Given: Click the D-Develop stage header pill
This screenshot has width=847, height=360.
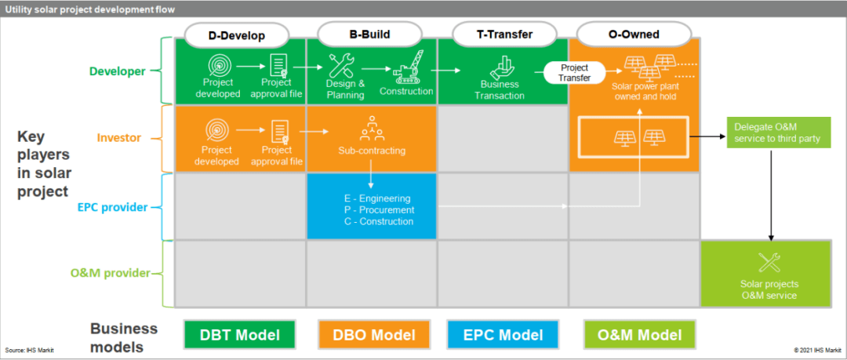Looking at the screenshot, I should (x=236, y=35).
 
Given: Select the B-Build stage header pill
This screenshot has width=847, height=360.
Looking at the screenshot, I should (x=369, y=35).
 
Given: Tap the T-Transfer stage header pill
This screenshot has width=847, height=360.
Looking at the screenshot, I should (x=505, y=35).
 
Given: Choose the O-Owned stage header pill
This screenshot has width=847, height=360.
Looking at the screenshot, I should (x=634, y=35).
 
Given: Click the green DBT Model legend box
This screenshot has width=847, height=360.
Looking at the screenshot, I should (x=239, y=335).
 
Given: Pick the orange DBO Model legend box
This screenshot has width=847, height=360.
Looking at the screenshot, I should (x=373, y=335).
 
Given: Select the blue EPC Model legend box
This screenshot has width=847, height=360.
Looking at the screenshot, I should (x=502, y=335).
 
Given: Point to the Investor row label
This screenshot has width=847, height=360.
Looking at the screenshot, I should (x=119, y=138).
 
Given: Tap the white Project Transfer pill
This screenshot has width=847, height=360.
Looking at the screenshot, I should (x=575, y=72).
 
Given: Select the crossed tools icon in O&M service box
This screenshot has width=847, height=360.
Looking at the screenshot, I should (x=769, y=262).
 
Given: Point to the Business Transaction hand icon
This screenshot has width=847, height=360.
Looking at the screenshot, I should (x=500, y=67).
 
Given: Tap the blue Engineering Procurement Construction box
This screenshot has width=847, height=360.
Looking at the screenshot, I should (x=371, y=205).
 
